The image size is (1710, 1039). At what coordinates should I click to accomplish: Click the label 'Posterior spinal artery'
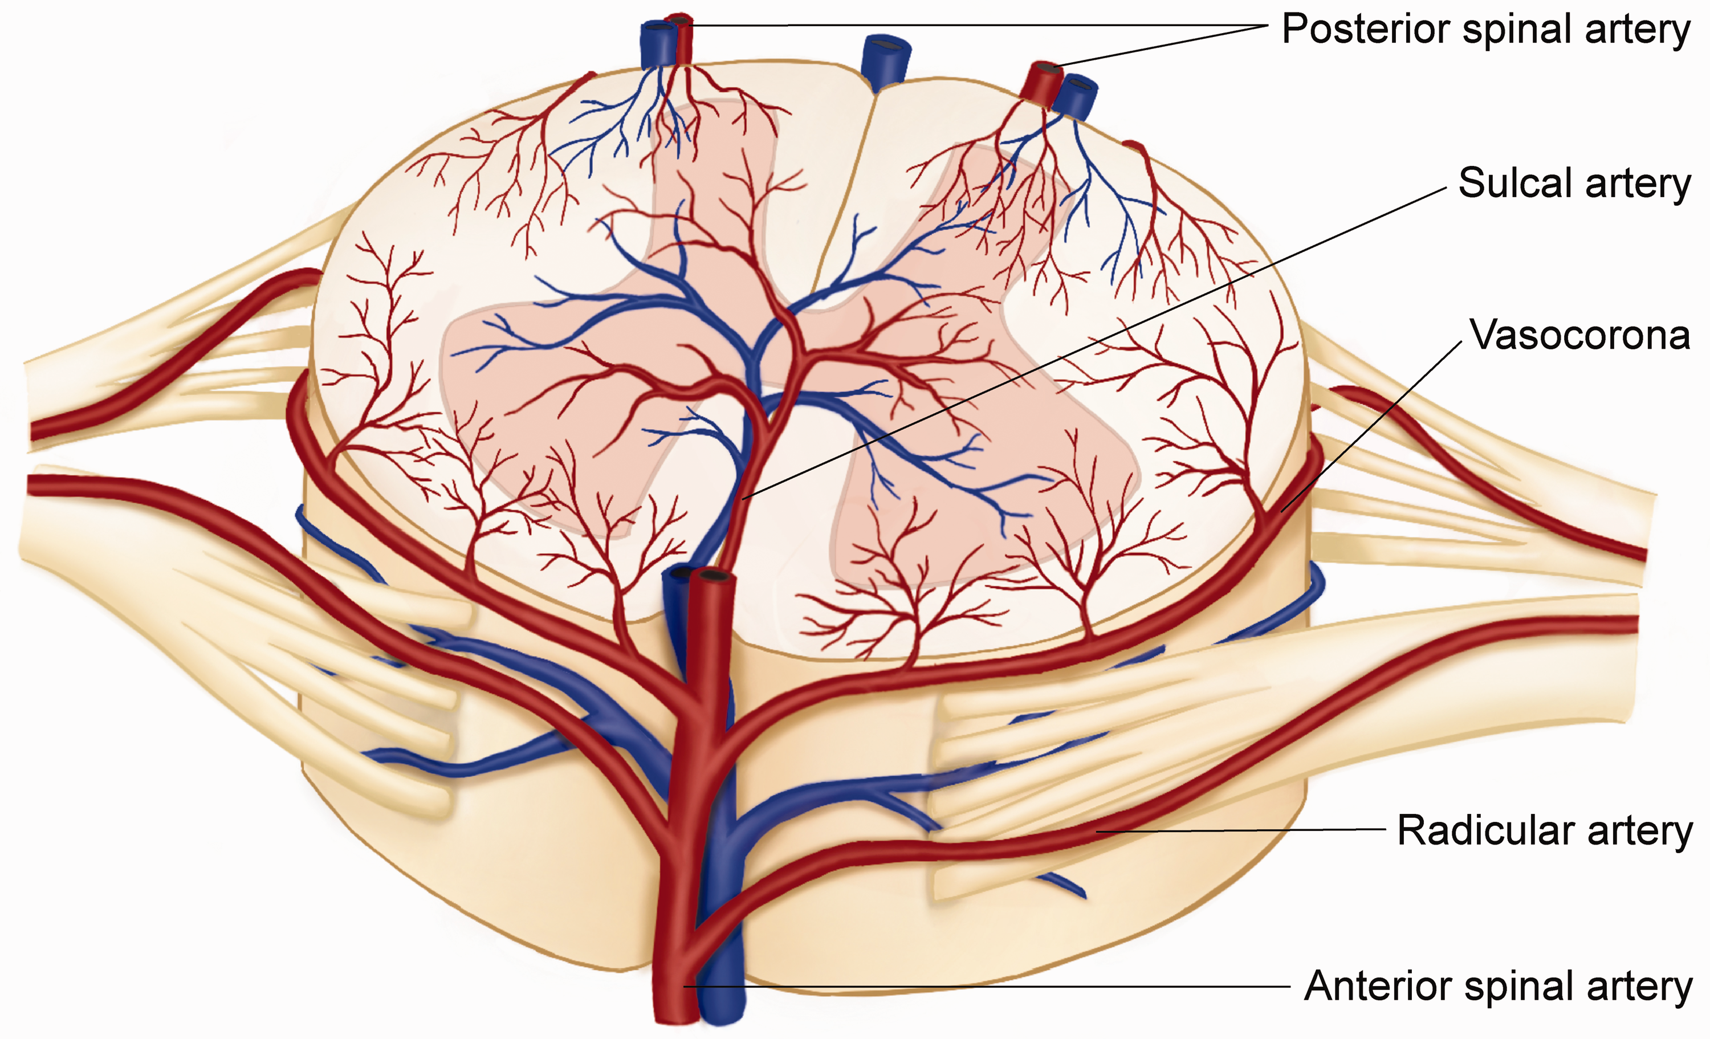coord(1485,29)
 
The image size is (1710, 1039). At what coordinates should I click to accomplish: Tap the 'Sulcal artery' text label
coord(1574,184)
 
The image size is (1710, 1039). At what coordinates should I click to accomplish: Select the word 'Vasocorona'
coord(1579,335)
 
